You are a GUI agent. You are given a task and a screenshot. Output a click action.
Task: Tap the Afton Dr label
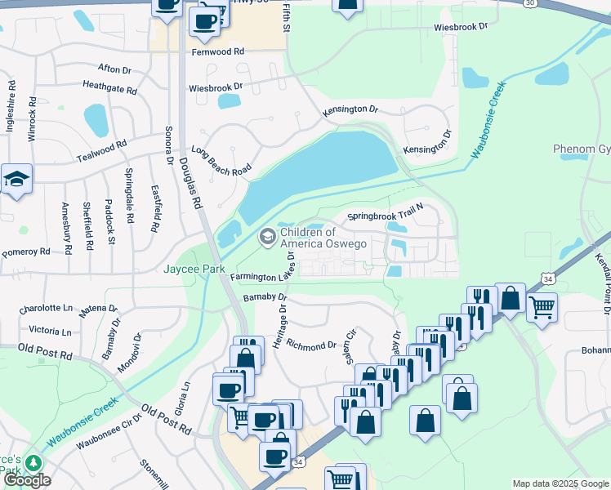[x=114, y=69]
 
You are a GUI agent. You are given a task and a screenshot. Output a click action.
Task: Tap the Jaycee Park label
[x=194, y=269]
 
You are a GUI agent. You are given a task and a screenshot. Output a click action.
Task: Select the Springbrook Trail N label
[x=385, y=216]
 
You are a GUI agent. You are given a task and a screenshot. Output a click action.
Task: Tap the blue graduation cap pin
[x=16, y=180]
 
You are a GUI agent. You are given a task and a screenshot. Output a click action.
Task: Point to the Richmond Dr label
[x=312, y=345]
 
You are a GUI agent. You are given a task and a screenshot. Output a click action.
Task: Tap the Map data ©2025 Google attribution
[x=560, y=483]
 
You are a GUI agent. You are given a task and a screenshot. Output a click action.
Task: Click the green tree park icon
[x=33, y=463]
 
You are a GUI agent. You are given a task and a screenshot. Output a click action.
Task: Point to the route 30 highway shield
[x=532, y=3]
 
